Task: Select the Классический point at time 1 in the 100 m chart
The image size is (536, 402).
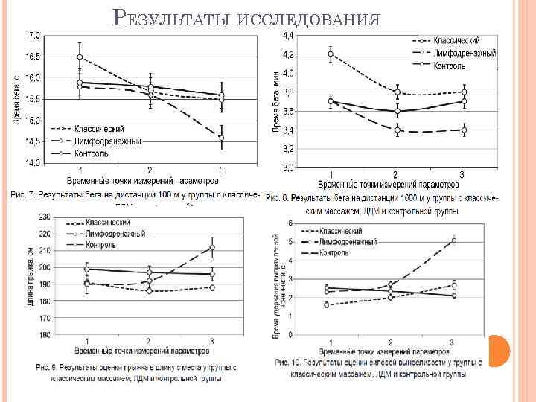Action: point(79,57)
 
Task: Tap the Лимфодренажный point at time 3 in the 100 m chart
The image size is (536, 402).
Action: point(221,137)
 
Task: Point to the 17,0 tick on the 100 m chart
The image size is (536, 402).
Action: point(33,36)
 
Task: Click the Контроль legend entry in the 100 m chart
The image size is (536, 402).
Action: point(90,153)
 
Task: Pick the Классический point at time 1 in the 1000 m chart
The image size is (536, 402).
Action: point(331,54)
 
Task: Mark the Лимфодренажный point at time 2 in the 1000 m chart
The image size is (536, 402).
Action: point(397,130)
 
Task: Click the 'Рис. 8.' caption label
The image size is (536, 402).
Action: point(279,199)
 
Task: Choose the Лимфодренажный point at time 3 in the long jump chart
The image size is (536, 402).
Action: point(212,247)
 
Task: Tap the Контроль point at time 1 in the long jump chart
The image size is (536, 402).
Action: point(87,269)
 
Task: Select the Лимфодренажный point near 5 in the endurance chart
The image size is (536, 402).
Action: point(453,240)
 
